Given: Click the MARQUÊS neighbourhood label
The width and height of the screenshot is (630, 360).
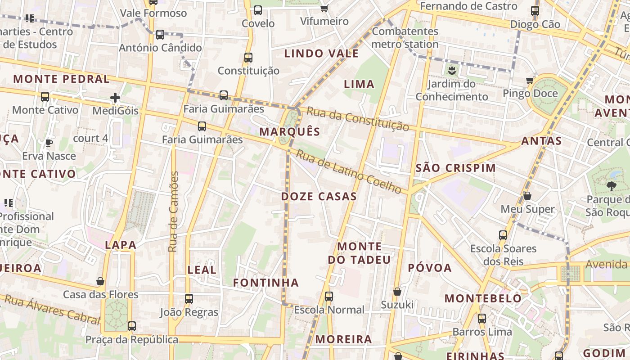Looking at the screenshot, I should (x=290, y=132).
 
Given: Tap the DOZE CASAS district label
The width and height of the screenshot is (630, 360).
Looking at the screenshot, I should (x=319, y=197).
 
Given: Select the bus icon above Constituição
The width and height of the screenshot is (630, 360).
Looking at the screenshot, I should (x=248, y=58).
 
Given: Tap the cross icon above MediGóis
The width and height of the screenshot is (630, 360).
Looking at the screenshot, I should (x=115, y=97).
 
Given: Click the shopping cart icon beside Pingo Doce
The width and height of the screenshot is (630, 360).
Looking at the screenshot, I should (x=530, y=81).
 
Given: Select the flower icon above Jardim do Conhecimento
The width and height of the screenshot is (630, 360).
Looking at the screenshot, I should (x=451, y=70).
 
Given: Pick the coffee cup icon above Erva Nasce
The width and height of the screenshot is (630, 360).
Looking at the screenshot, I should (x=49, y=143).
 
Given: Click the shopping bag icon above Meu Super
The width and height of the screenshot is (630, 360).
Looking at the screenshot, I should (x=527, y=196).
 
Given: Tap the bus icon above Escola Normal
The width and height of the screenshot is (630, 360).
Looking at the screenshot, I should (x=329, y=297).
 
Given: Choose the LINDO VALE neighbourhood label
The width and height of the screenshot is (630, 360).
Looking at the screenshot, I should (x=321, y=54).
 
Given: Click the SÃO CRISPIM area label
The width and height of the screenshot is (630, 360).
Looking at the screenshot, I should (x=455, y=168).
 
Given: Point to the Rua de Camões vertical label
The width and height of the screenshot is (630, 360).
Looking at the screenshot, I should (x=174, y=211).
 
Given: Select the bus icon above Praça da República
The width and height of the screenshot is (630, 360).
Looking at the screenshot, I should (x=131, y=326).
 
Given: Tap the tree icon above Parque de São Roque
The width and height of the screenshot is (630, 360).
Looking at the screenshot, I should (x=611, y=186).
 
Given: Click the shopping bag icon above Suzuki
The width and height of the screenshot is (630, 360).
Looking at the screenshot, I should (x=397, y=292).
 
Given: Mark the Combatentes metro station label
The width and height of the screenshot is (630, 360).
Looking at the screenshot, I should (x=405, y=38).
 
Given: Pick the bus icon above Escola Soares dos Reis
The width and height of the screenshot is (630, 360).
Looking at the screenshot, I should (x=503, y=235).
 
